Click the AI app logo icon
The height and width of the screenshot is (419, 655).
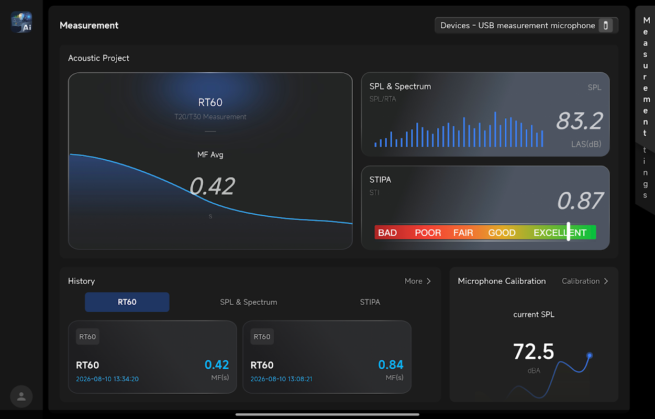(21, 22)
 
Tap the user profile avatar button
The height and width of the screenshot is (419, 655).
(21, 396)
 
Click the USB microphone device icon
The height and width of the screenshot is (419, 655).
(606, 26)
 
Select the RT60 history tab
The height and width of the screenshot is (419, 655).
(127, 302)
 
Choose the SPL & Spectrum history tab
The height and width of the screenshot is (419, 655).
(249, 302)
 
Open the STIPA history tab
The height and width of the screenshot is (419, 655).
(370, 302)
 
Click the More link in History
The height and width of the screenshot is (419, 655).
(418, 281)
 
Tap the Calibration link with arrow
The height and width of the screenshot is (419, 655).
(585, 281)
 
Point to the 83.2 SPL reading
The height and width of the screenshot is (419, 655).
(579, 121)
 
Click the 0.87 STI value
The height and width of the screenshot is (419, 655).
(580, 201)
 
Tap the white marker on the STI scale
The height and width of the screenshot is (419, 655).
(569, 231)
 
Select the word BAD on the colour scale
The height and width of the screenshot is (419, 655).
(387, 233)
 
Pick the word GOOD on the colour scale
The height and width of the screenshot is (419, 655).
(502, 233)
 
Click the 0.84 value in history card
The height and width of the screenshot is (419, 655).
(391, 365)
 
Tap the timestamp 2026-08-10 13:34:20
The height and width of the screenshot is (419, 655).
(107, 379)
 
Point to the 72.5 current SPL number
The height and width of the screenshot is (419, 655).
(534, 351)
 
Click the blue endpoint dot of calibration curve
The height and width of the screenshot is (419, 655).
(590, 356)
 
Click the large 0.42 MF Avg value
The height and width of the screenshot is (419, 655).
(212, 186)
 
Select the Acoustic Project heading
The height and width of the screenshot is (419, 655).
(98, 58)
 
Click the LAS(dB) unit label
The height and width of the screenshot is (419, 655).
(586, 144)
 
